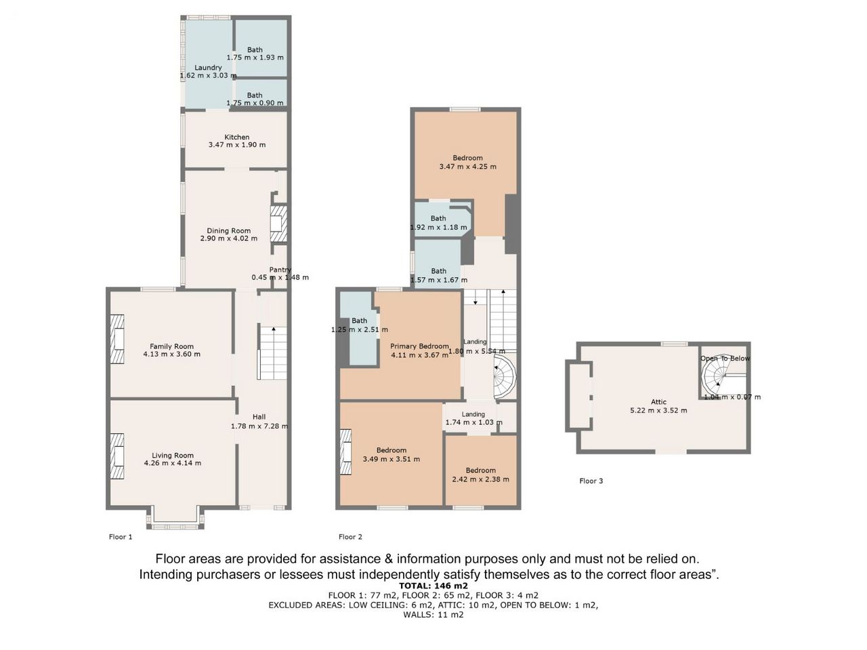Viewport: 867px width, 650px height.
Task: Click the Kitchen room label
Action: click(x=236, y=137)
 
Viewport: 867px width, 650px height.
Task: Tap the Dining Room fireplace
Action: click(x=278, y=223)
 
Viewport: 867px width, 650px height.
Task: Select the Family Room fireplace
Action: click(x=117, y=339)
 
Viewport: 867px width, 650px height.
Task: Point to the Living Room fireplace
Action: click(x=117, y=456)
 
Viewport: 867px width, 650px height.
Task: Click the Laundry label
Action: click(x=208, y=68)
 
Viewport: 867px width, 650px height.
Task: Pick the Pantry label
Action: click(x=280, y=269)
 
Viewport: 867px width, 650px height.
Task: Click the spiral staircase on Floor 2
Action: click(x=505, y=375)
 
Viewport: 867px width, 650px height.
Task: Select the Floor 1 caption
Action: click(x=121, y=537)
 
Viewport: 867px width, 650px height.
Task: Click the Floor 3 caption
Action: click(x=591, y=481)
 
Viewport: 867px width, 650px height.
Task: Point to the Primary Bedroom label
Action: click(x=419, y=346)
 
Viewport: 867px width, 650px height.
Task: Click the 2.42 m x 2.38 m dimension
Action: click(x=480, y=479)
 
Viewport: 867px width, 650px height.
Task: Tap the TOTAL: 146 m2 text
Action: click(x=433, y=585)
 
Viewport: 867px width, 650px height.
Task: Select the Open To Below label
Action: click(x=725, y=358)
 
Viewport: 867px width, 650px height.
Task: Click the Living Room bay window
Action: click(x=175, y=517)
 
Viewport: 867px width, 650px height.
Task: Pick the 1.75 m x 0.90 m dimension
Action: click(x=255, y=103)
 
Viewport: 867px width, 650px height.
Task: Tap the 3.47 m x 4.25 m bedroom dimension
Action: click(x=467, y=167)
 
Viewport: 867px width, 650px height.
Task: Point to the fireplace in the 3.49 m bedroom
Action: click(x=345, y=452)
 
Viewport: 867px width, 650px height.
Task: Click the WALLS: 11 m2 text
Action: click(x=433, y=615)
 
